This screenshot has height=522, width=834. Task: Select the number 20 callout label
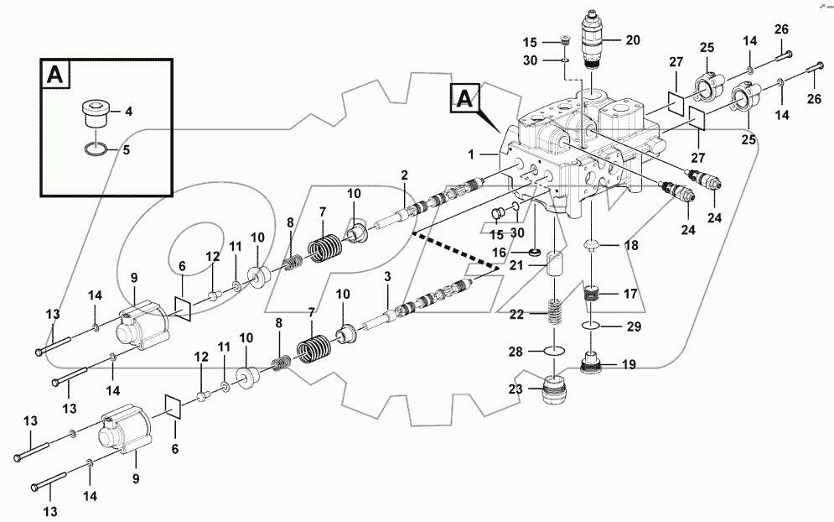click(632, 39)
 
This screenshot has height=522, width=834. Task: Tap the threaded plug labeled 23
click(556, 391)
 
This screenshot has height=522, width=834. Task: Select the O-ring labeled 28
click(556, 351)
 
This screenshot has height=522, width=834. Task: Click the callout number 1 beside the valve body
click(473, 154)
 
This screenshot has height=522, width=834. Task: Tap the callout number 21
click(517, 265)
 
